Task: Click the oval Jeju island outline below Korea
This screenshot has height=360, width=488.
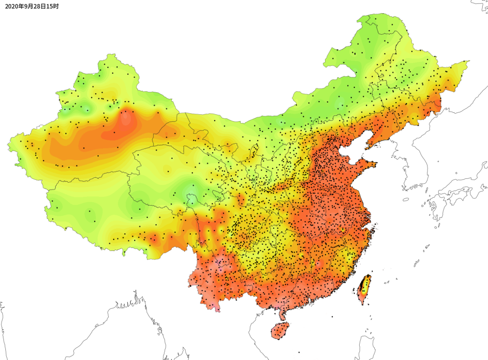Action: [406, 199]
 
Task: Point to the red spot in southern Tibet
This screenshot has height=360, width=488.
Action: [153, 239]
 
